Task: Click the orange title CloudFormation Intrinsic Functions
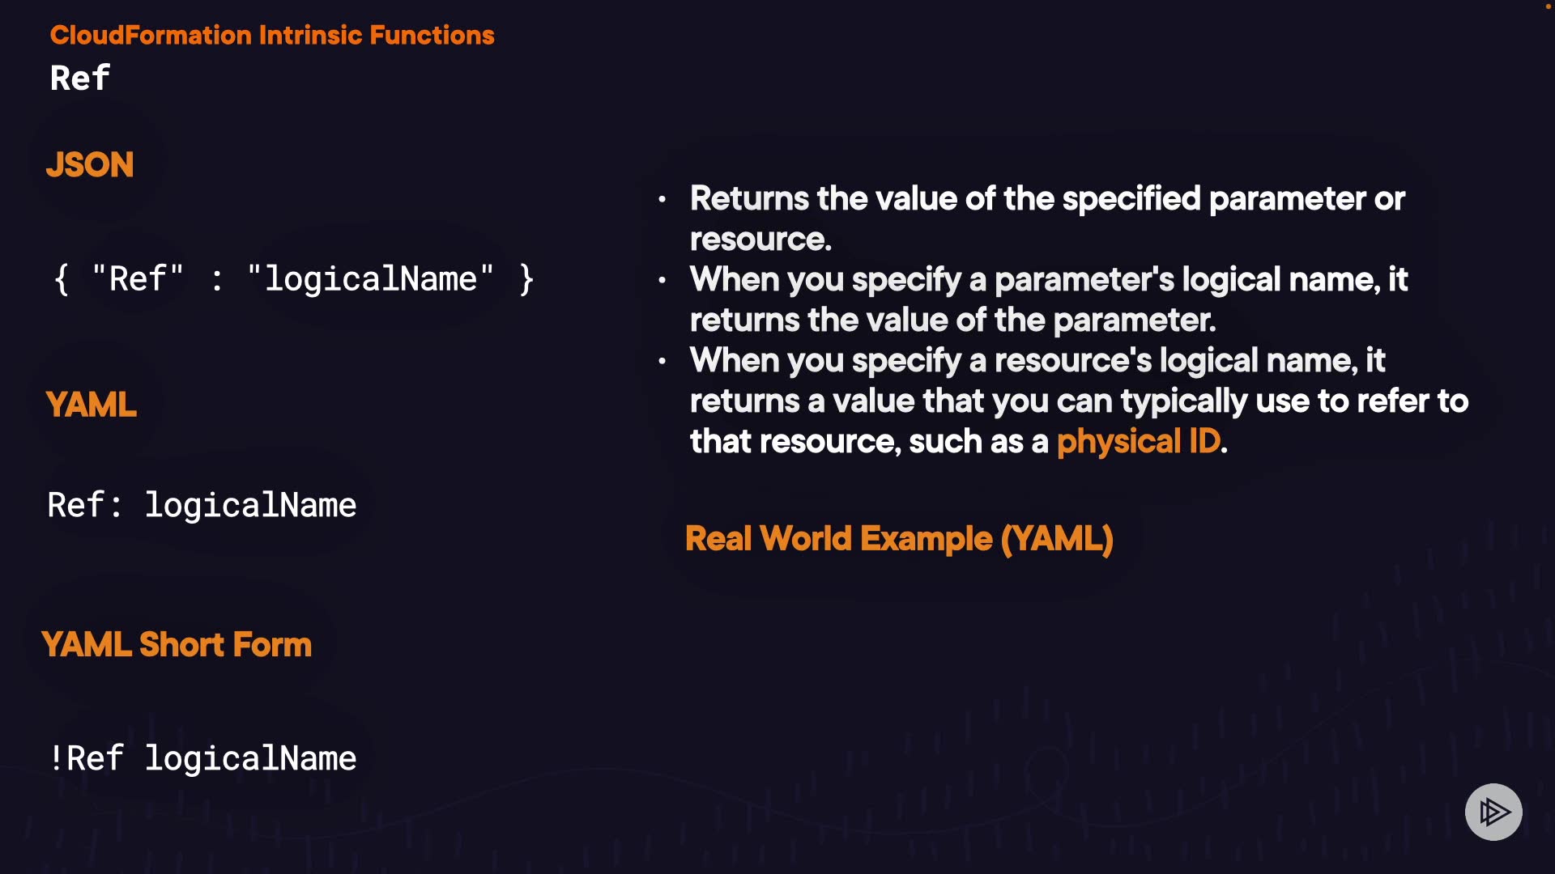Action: coord(272,35)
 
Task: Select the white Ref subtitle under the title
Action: coord(79,78)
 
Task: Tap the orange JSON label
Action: coord(90,164)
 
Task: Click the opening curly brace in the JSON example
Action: coord(62,279)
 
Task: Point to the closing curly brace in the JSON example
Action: coord(526,279)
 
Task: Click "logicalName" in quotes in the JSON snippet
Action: coord(371,278)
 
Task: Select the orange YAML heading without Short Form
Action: coord(92,405)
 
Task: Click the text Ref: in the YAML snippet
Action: coord(84,505)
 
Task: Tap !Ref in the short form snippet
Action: coord(86,758)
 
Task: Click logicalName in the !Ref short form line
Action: coord(250,759)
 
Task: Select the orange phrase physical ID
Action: coord(1138,442)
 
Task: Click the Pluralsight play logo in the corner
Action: coord(1493,812)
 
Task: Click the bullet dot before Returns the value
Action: coord(662,199)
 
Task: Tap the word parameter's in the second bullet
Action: coord(1084,280)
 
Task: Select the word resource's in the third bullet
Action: coord(1072,361)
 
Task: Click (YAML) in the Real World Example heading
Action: coord(1057,539)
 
